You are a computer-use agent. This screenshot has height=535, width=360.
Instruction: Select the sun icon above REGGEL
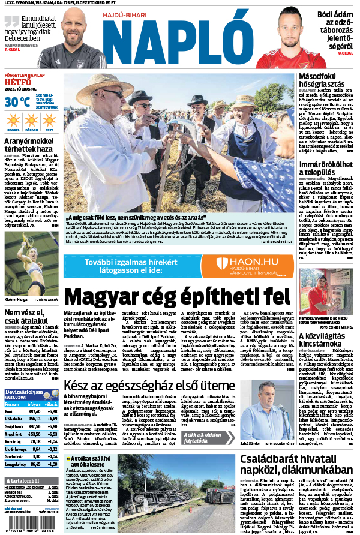pyautogui.click(x=13, y=119)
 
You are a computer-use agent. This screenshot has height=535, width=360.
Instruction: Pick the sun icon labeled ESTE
pyautogui.click(x=49, y=119)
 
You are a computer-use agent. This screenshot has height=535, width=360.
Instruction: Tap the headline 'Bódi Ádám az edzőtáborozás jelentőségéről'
pyautogui.click(x=334, y=28)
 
